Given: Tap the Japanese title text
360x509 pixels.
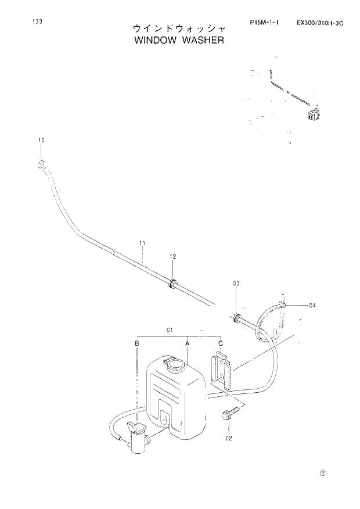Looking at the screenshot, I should pyautogui.click(x=178, y=28).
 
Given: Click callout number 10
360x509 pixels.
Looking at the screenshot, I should pyautogui.click(x=41, y=141).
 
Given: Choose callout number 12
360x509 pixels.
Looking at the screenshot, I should pyautogui.click(x=172, y=256).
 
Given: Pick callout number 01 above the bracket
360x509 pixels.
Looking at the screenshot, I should pyautogui.click(x=170, y=331).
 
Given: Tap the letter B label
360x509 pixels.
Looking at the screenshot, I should pyautogui.click(x=136, y=344).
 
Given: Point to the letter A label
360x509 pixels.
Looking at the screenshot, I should pyautogui.click(x=188, y=344).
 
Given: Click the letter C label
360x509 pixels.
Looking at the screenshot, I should pyautogui.click(x=221, y=344).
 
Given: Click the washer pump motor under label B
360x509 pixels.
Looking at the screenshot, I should pyautogui.click(x=137, y=439).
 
